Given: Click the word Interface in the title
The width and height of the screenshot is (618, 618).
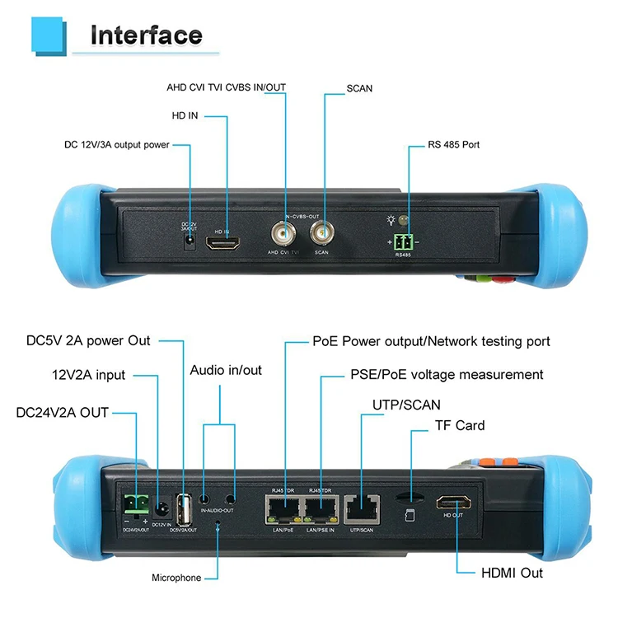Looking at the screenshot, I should click(146, 35).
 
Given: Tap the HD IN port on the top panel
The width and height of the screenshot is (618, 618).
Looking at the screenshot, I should click(227, 245).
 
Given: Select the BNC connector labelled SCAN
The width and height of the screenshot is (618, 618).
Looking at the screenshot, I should click(322, 235).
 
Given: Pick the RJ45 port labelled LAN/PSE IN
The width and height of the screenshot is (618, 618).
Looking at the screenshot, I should click(320, 509).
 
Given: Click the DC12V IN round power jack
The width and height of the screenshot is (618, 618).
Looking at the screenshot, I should click(162, 508).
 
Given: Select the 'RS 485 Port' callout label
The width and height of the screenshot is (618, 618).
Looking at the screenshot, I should click(453, 145).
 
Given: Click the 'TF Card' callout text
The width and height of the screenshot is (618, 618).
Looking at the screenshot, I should click(460, 426).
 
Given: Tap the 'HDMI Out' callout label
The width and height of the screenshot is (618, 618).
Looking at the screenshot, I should click(512, 572).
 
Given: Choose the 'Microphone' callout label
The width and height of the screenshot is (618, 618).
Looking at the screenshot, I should click(176, 578).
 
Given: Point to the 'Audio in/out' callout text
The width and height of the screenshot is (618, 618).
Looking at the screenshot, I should click(226, 370).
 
